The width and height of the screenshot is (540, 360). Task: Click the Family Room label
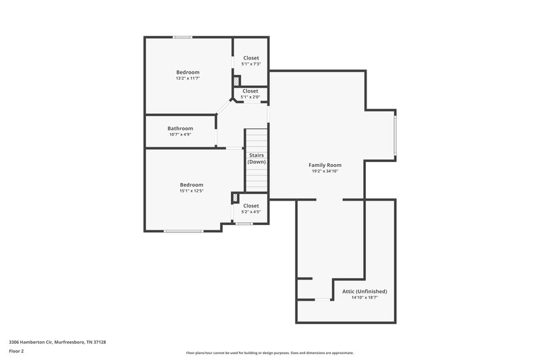(325, 165)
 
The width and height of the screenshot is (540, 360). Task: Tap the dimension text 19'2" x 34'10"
(325, 172)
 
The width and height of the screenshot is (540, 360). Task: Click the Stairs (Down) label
(256, 159)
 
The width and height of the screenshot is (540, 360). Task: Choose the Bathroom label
(180, 128)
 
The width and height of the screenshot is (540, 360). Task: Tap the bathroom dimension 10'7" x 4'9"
(180, 135)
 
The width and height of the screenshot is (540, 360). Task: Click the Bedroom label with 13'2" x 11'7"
(188, 72)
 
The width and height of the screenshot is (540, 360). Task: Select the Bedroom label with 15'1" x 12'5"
(191, 184)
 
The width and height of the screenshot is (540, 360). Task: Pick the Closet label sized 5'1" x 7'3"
(250, 58)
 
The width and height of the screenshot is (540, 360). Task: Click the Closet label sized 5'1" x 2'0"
(250, 91)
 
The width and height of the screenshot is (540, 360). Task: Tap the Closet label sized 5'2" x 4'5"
(250, 205)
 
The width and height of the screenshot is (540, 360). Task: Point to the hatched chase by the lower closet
(235, 198)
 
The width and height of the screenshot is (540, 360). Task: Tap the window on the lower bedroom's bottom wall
(183, 231)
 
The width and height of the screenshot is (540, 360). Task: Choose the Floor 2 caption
(17, 351)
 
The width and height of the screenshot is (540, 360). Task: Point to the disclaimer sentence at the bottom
(269, 353)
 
